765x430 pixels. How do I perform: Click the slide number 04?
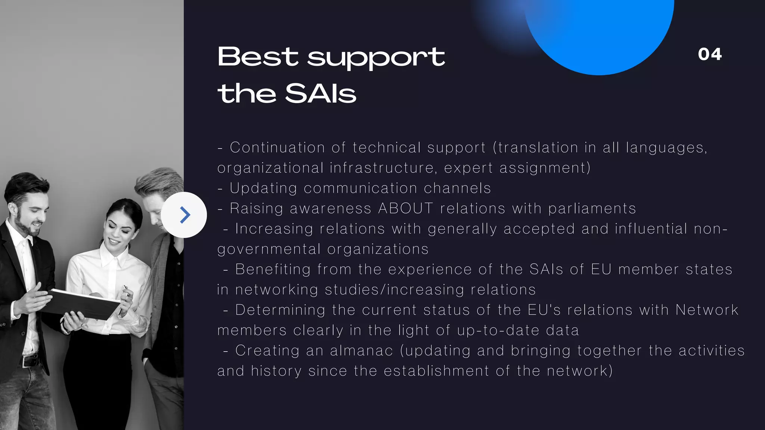click(x=710, y=54)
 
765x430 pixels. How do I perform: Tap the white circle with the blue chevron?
click(x=184, y=215)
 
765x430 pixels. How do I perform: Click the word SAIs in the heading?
click(x=320, y=93)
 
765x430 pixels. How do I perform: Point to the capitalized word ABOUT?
click(x=406, y=208)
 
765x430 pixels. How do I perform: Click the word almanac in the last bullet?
click(x=362, y=350)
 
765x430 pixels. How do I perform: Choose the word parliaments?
click(x=592, y=208)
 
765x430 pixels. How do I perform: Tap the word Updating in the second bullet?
click(x=263, y=188)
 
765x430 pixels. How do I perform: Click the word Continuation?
click(x=277, y=147)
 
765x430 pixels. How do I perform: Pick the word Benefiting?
click(x=273, y=269)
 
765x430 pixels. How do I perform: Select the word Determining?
click(x=280, y=310)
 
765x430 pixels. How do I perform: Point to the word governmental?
click(x=269, y=249)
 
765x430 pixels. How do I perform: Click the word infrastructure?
click(x=383, y=168)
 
